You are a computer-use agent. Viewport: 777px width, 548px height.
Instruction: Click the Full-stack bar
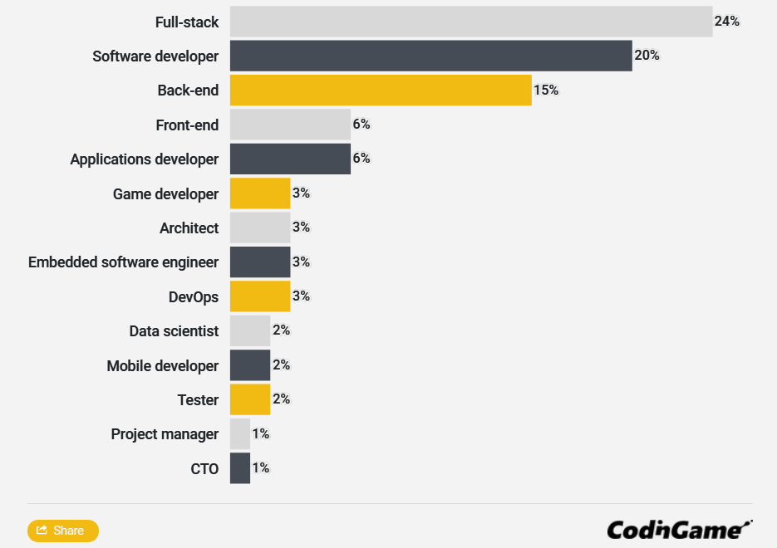(x=471, y=22)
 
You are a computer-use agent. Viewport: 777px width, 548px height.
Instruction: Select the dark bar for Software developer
(x=430, y=56)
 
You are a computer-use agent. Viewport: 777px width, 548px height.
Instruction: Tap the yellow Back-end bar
(x=381, y=91)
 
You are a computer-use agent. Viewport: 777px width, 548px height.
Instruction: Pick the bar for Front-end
(x=290, y=125)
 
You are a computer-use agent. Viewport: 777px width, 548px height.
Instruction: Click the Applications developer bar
(x=290, y=159)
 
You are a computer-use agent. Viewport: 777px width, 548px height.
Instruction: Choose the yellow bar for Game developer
(x=260, y=193)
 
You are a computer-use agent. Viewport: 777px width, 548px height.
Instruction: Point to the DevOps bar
(x=260, y=296)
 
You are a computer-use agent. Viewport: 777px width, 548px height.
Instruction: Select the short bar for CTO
(x=240, y=468)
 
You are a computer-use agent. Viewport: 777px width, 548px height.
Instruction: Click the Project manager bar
(x=240, y=433)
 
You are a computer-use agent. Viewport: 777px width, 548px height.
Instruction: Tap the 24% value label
(x=727, y=22)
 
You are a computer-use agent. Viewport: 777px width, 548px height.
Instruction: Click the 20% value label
(x=647, y=56)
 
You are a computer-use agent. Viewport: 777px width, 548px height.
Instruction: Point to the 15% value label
(x=546, y=91)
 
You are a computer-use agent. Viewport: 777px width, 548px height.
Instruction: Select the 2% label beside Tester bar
(x=282, y=399)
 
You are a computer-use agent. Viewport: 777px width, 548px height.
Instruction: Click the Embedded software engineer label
(x=123, y=262)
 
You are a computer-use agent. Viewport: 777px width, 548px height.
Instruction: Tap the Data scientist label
(x=174, y=331)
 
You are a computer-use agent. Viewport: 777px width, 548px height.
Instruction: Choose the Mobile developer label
(x=163, y=365)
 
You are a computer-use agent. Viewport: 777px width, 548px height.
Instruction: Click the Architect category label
(x=189, y=228)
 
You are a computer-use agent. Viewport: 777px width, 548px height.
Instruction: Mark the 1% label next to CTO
(x=261, y=468)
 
